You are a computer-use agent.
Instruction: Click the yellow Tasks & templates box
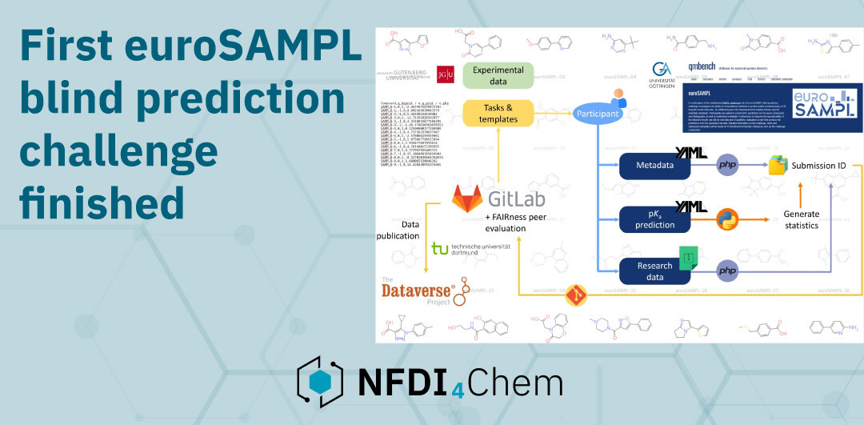tap(501, 114)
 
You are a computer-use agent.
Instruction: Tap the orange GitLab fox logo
tap(468, 197)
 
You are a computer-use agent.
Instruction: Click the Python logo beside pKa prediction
tap(726, 219)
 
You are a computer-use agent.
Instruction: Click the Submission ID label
tap(823, 166)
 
